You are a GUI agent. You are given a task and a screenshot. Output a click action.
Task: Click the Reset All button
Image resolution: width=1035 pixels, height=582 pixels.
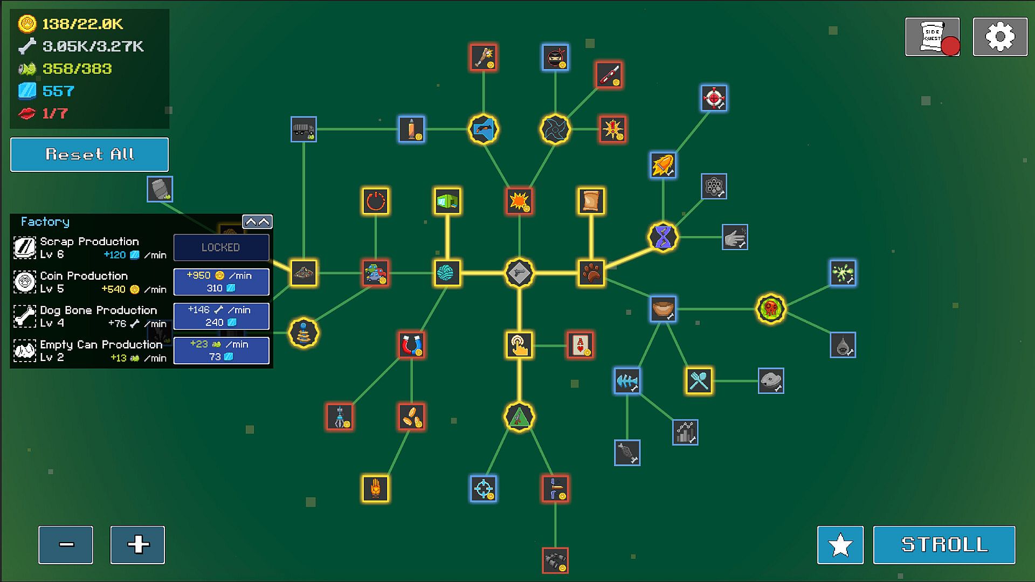click(x=89, y=155)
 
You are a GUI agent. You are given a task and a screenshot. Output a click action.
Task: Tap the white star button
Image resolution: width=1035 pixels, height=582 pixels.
click(x=840, y=545)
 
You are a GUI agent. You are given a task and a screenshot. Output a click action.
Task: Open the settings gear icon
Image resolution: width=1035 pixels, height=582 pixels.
click(x=1000, y=37)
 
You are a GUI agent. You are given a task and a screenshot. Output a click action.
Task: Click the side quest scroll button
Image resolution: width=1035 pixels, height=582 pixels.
click(x=932, y=37)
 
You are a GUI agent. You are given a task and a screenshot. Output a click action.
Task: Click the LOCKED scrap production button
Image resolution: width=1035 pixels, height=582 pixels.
click(x=221, y=247)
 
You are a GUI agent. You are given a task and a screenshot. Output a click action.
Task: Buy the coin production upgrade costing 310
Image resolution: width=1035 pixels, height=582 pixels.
click(x=221, y=282)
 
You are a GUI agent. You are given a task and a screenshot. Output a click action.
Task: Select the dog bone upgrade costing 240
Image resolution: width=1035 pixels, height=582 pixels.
click(x=221, y=316)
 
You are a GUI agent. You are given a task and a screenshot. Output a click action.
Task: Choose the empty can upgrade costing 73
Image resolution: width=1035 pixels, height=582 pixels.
click(x=221, y=351)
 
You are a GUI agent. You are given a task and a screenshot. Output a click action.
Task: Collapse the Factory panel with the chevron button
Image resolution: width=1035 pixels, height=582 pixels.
click(x=257, y=221)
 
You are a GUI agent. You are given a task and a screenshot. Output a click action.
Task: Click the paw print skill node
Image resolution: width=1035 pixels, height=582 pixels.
click(x=591, y=273)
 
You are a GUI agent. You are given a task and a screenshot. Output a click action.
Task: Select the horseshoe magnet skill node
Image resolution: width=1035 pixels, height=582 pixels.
click(x=411, y=345)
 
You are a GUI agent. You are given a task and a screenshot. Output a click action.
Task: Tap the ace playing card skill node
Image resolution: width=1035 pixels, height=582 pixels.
click(x=580, y=345)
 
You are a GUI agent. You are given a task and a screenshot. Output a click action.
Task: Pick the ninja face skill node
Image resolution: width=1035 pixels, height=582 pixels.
click(x=555, y=57)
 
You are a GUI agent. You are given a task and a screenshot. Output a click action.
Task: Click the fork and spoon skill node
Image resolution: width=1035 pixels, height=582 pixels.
click(x=699, y=381)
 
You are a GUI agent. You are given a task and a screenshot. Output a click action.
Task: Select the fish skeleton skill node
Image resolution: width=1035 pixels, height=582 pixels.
click(x=627, y=381)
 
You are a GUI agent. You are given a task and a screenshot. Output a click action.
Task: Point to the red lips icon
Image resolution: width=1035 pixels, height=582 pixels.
click(x=27, y=114)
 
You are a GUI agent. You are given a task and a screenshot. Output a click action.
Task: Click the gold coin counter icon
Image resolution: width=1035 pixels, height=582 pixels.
click(x=27, y=24)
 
